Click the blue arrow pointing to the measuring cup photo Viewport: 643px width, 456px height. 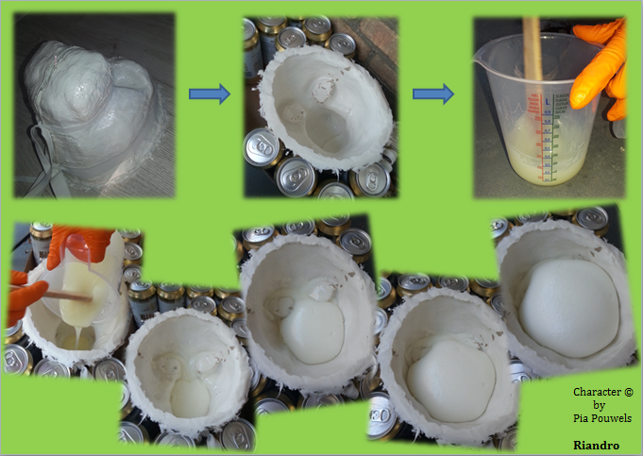(433, 93)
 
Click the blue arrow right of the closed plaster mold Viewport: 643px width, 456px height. (210, 93)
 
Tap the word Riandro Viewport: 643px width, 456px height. (596, 446)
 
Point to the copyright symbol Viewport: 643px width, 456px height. (628, 392)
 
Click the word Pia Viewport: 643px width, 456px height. (580, 418)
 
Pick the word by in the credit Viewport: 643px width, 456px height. (600, 406)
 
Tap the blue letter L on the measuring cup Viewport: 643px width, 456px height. (547, 101)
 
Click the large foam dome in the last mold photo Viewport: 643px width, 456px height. (569, 308)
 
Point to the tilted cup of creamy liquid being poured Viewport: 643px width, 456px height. (82, 279)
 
